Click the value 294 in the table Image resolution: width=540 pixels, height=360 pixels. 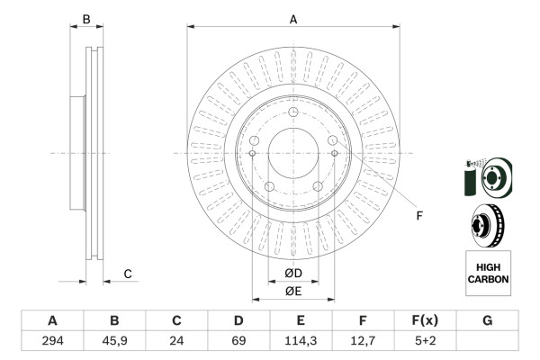tap(52, 340)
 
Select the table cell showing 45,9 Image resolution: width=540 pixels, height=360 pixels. tap(114, 340)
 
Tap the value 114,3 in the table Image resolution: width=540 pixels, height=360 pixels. tap(301, 340)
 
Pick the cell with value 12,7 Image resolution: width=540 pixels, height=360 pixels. tap(363, 340)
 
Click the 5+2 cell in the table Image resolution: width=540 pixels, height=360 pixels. tap(425, 340)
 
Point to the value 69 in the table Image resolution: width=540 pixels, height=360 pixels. tap(238, 340)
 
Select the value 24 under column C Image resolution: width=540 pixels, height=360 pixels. tap(176, 340)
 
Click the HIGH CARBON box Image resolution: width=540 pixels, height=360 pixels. tap(488, 273)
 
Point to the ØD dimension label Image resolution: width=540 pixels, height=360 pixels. tap(292, 274)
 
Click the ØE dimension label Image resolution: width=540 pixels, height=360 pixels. tap(292, 291)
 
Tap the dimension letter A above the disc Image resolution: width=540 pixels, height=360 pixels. tap(292, 19)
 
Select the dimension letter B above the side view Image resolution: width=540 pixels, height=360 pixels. tap(86, 19)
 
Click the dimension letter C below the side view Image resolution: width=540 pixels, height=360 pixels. tap(128, 274)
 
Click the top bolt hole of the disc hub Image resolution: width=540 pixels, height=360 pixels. tap(293, 111)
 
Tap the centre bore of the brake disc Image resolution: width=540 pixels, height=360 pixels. tap(292, 152)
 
